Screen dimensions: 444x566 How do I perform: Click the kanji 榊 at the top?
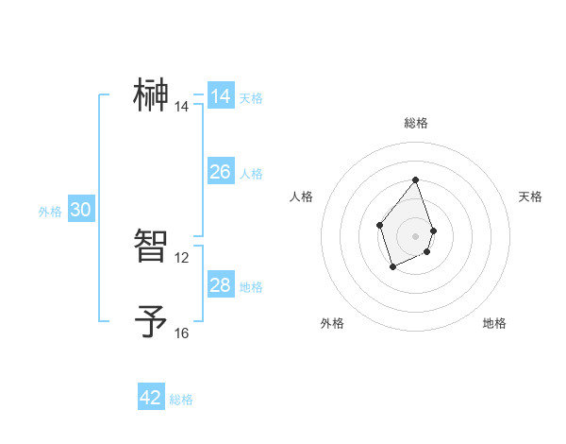coord(152,95)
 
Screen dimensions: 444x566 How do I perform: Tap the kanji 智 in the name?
coord(152,246)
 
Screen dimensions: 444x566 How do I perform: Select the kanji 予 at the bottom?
coord(152,321)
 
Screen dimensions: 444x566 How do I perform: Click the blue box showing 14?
coord(221,96)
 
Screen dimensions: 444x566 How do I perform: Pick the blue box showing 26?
coord(221,172)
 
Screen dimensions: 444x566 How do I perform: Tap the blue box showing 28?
coord(221,285)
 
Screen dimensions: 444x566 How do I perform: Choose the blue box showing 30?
coord(80,210)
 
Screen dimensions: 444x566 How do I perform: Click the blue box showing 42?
coord(151,398)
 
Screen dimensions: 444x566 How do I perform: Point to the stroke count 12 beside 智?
coord(182,257)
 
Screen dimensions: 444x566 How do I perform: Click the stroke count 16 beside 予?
coord(182,333)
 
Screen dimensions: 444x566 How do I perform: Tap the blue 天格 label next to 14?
coord(251,98)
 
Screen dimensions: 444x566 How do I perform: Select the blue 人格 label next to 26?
coord(251,174)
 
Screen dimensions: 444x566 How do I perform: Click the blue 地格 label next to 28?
coord(251,287)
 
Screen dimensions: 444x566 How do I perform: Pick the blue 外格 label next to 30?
coord(50,212)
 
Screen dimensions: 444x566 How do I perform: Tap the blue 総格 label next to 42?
coord(181,400)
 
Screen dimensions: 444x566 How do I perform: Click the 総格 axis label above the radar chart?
coord(415,123)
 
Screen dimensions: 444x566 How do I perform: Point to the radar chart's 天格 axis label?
coord(530,196)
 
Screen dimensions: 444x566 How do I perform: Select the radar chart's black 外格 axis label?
coord(332,323)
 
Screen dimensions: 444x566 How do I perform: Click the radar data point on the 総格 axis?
coord(415,180)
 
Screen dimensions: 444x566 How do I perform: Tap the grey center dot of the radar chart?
coord(415,235)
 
